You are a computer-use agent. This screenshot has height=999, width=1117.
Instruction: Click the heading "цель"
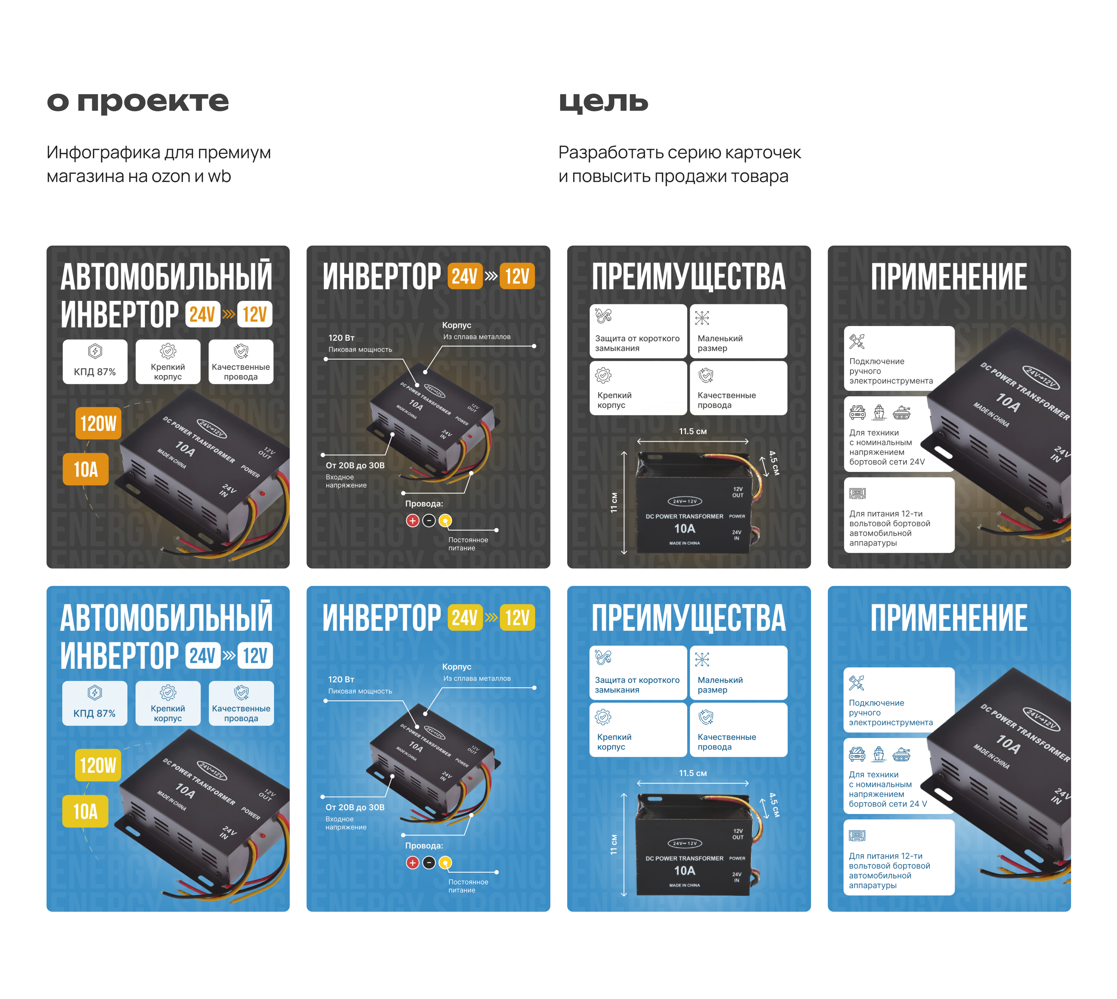click(603, 102)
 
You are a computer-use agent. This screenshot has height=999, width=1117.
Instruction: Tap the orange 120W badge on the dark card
click(98, 423)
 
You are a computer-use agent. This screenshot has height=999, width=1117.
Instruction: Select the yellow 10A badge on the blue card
click(85, 811)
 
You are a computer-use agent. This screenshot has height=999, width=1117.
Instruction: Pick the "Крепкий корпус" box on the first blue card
click(168, 703)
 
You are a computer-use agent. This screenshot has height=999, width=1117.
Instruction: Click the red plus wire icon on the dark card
click(412, 520)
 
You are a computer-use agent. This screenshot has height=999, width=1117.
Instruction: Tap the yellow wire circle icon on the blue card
click(445, 862)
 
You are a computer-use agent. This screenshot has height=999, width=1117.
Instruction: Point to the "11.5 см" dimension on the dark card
click(692, 431)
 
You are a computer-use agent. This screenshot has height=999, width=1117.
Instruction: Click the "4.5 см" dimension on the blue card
click(774, 805)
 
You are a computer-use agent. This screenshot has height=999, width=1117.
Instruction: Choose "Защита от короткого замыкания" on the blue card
click(637, 673)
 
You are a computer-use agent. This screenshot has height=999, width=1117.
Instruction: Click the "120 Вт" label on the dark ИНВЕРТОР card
click(341, 338)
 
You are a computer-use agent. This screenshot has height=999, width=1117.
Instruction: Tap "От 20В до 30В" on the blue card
click(355, 807)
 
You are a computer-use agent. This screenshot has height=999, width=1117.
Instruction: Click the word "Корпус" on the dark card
click(456, 325)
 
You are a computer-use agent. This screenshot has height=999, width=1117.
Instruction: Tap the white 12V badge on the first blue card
click(255, 656)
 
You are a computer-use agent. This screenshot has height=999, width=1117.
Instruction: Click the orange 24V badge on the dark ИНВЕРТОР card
click(464, 276)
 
